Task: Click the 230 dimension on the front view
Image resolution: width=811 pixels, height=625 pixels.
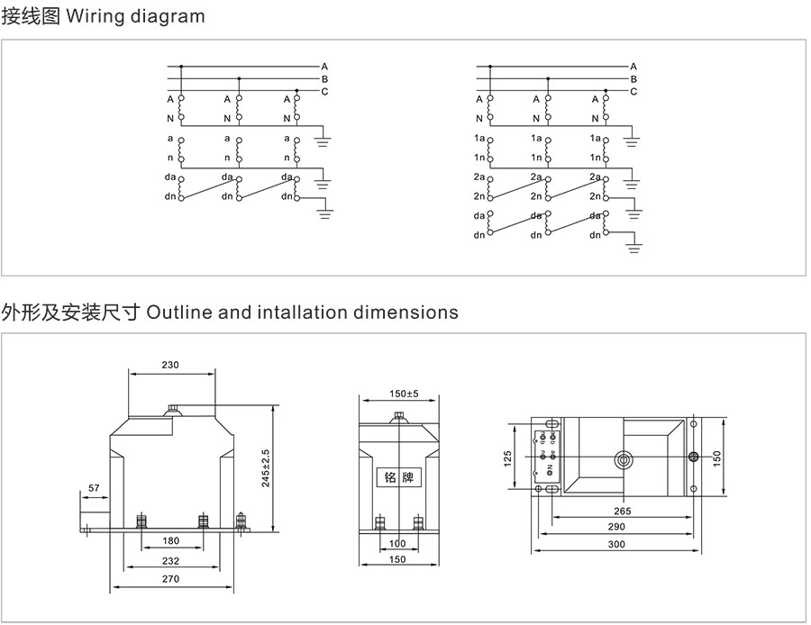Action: (x=171, y=365)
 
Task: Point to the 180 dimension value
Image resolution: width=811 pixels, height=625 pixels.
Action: (x=171, y=541)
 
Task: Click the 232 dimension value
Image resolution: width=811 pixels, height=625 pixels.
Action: (x=171, y=560)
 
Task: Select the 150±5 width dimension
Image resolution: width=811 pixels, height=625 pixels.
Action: (x=398, y=394)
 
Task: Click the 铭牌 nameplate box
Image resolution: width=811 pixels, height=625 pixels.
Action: (x=397, y=477)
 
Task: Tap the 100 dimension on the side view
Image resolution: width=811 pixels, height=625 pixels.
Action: (x=397, y=543)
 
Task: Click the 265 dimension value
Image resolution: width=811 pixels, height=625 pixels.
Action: (x=622, y=511)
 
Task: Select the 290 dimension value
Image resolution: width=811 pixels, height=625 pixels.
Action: (x=616, y=526)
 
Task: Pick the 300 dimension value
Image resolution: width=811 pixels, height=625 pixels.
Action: (x=616, y=544)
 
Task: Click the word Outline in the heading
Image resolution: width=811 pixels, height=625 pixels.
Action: (x=179, y=312)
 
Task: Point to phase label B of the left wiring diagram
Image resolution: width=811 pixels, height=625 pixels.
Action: (x=324, y=79)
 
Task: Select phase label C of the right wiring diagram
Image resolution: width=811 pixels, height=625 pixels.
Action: (x=633, y=92)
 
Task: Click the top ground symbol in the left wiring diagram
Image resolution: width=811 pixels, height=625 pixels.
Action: (x=324, y=140)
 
